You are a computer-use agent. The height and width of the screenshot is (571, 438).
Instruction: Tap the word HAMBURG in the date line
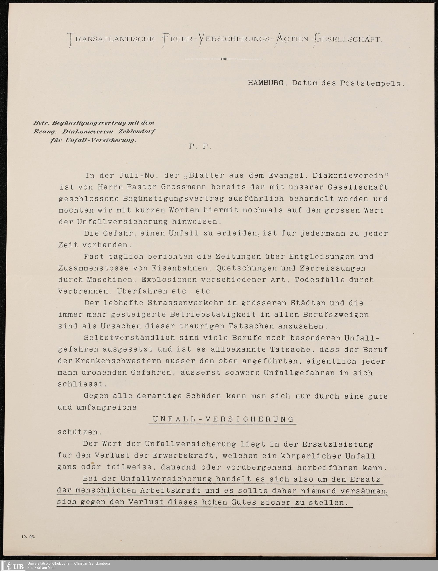[x=266, y=83]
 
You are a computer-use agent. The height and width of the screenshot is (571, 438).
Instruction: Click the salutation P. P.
[x=200, y=147]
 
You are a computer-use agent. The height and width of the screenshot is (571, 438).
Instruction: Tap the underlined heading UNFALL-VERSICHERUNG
[x=223, y=419]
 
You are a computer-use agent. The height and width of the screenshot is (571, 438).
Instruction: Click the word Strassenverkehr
[x=185, y=303]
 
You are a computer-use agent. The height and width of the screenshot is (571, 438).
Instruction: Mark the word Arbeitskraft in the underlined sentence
[x=171, y=490]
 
